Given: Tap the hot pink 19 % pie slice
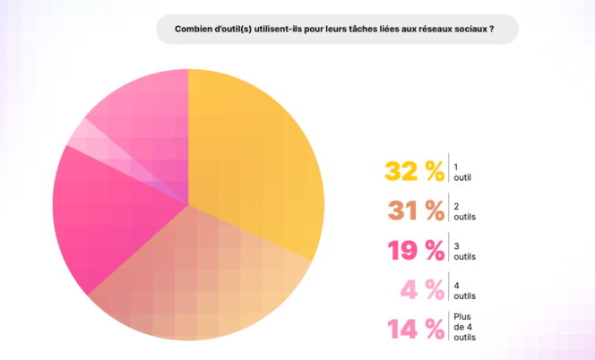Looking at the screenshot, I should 108,215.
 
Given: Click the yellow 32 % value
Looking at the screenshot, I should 414,171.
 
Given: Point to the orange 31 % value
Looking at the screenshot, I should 416,210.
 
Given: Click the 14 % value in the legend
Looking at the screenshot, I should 416,329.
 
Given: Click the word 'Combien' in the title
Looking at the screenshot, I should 192,29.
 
